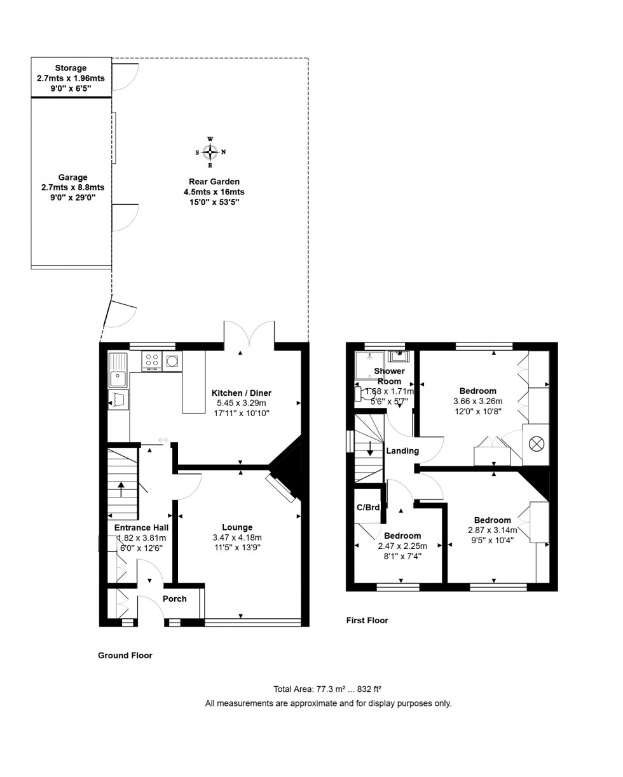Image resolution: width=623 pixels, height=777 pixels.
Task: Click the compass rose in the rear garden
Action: pos(210,152)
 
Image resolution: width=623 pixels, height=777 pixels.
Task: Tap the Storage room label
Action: pos(71,69)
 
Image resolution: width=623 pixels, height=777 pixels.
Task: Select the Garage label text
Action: pos(72,178)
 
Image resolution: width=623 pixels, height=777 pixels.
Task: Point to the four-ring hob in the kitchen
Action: pos(152,361)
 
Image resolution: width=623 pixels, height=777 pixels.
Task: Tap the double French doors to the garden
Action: pos(249,334)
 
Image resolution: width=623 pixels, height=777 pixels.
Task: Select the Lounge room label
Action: pos(237,527)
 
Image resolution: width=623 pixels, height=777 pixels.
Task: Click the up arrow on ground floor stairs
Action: pos(121,489)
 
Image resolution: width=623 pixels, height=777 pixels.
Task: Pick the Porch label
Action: pos(175,598)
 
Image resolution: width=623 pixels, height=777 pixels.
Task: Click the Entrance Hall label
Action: pos(141,527)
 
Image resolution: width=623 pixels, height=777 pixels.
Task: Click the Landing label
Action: pos(402,451)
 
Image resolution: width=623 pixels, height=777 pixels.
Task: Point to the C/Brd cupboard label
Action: pos(368,507)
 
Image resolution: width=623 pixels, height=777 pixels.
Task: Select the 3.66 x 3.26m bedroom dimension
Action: pos(477,402)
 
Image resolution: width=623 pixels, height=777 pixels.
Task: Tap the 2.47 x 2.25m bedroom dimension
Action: pos(402,546)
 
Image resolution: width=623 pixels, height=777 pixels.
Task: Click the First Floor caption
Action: pos(367,620)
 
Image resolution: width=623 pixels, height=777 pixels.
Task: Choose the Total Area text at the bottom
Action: pos(327,689)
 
